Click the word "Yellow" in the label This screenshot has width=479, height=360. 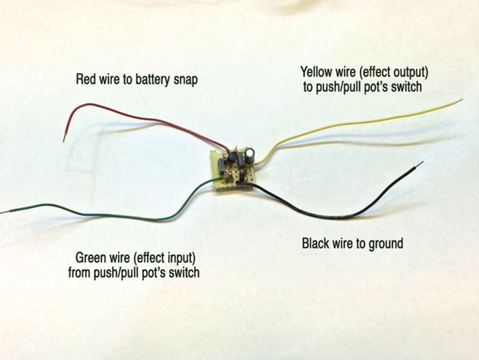(x=317, y=72)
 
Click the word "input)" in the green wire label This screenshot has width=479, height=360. (x=181, y=259)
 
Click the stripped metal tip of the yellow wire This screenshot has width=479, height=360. (x=459, y=101)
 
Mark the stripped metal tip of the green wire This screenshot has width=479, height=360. (x=3, y=211)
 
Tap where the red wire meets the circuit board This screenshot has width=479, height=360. (x=228, y=151)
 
